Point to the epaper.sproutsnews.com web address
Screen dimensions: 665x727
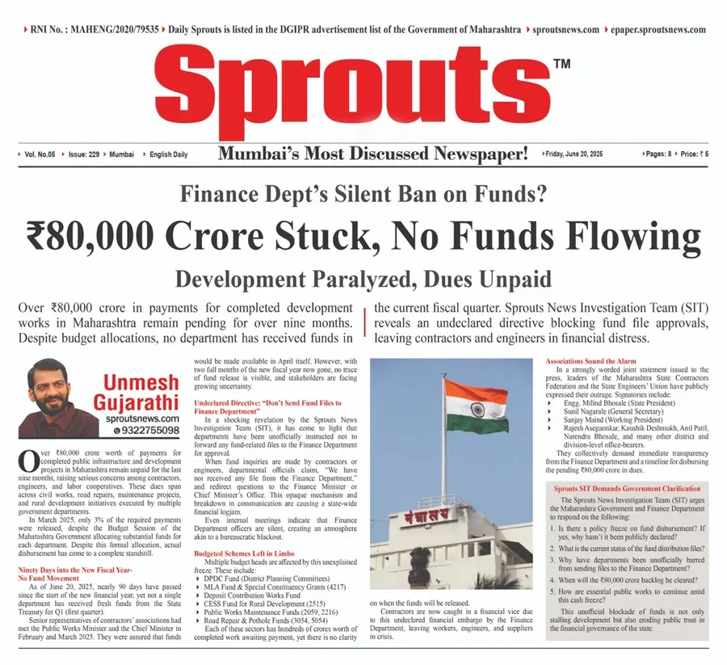tap(658, 30)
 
